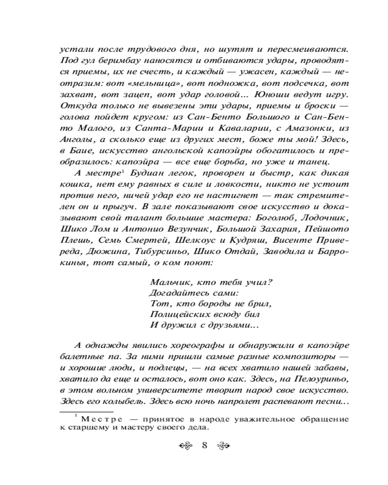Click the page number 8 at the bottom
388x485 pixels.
pyautogui.click(x=204, y=446)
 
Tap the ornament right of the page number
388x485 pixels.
pyautogui.click(x=222, y=446)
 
